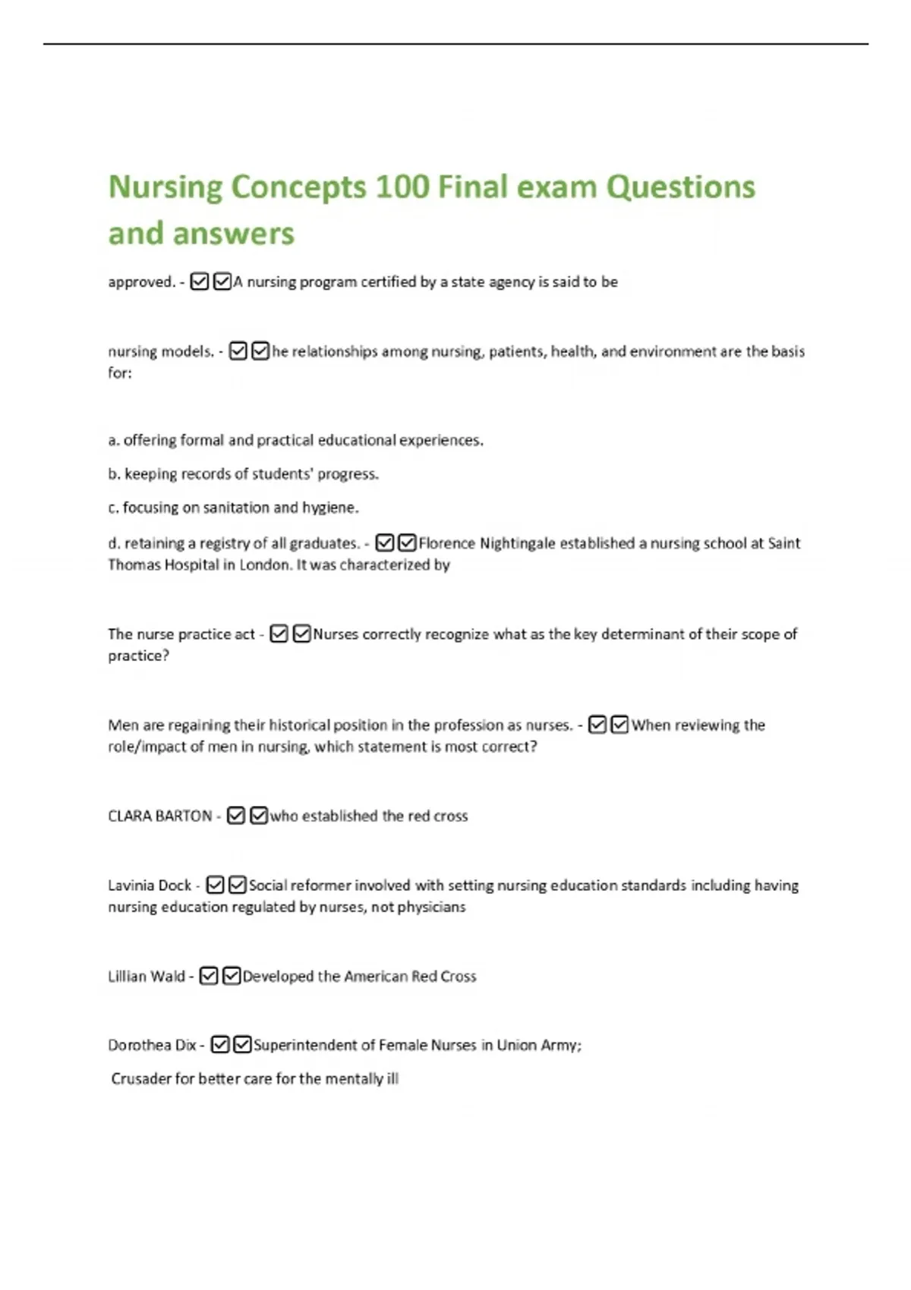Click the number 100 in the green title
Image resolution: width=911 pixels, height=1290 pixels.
(x=402, y=187)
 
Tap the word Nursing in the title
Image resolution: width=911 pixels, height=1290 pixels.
(x=165, y=187)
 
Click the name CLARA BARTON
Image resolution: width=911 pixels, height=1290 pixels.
(x=160, y=816)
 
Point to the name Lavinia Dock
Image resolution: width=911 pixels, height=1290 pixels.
(x=150, y=886)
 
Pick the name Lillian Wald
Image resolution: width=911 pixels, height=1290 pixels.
(x=147, y=977)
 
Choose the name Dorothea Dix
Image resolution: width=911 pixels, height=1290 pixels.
(x=152, y=1046)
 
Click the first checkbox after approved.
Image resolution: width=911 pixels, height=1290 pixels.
(x=199, y=282)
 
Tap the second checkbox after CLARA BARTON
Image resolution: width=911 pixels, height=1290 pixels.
(x=259, y=816)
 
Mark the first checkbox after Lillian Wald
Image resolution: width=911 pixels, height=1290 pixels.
(x=209, y=977)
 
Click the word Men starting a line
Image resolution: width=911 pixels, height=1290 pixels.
(x=123, y=725)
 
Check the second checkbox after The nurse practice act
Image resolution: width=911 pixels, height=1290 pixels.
(x=301, y=634)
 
